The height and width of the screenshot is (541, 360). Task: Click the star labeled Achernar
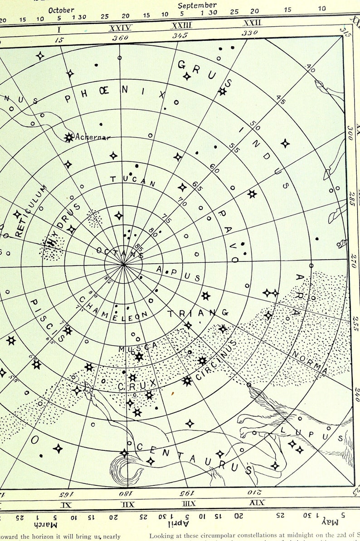[69, 137]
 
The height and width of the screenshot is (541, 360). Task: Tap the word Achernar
[93, 137]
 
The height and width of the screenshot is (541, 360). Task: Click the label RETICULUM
[31, 211]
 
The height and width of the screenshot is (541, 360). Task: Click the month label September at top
[197, 5]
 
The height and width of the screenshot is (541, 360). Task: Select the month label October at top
[61, 10]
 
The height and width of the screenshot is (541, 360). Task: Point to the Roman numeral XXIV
[121, 28]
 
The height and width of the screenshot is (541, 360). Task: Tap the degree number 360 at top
[120, 38]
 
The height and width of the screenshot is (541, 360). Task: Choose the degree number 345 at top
[180, 35]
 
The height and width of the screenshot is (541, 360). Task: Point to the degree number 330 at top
[250, 33]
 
